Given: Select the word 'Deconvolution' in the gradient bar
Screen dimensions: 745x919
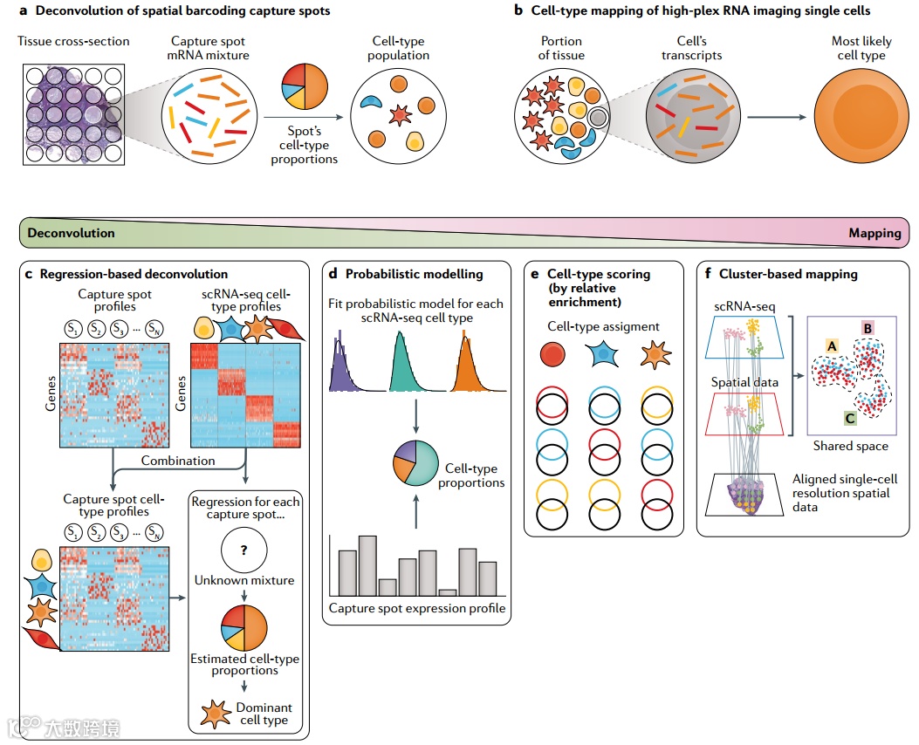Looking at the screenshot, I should coord(71,233).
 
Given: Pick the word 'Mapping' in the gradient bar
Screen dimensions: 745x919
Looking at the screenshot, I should coord(874,233).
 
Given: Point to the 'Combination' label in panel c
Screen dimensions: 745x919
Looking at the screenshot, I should coord(178,460).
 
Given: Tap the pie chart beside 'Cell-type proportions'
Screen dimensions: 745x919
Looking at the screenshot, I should coord(415,464).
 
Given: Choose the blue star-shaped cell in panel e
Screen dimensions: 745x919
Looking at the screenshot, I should coord(603,353).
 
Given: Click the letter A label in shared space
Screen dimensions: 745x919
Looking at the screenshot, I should coord(830,346).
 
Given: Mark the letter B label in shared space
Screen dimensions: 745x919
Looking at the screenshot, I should coord(868,328).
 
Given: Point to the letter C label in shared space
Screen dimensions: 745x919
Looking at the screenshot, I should coord(849,418).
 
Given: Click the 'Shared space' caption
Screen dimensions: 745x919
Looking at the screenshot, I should coord(850,446).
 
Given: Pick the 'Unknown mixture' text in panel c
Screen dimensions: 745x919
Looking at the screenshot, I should coord(244,580).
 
